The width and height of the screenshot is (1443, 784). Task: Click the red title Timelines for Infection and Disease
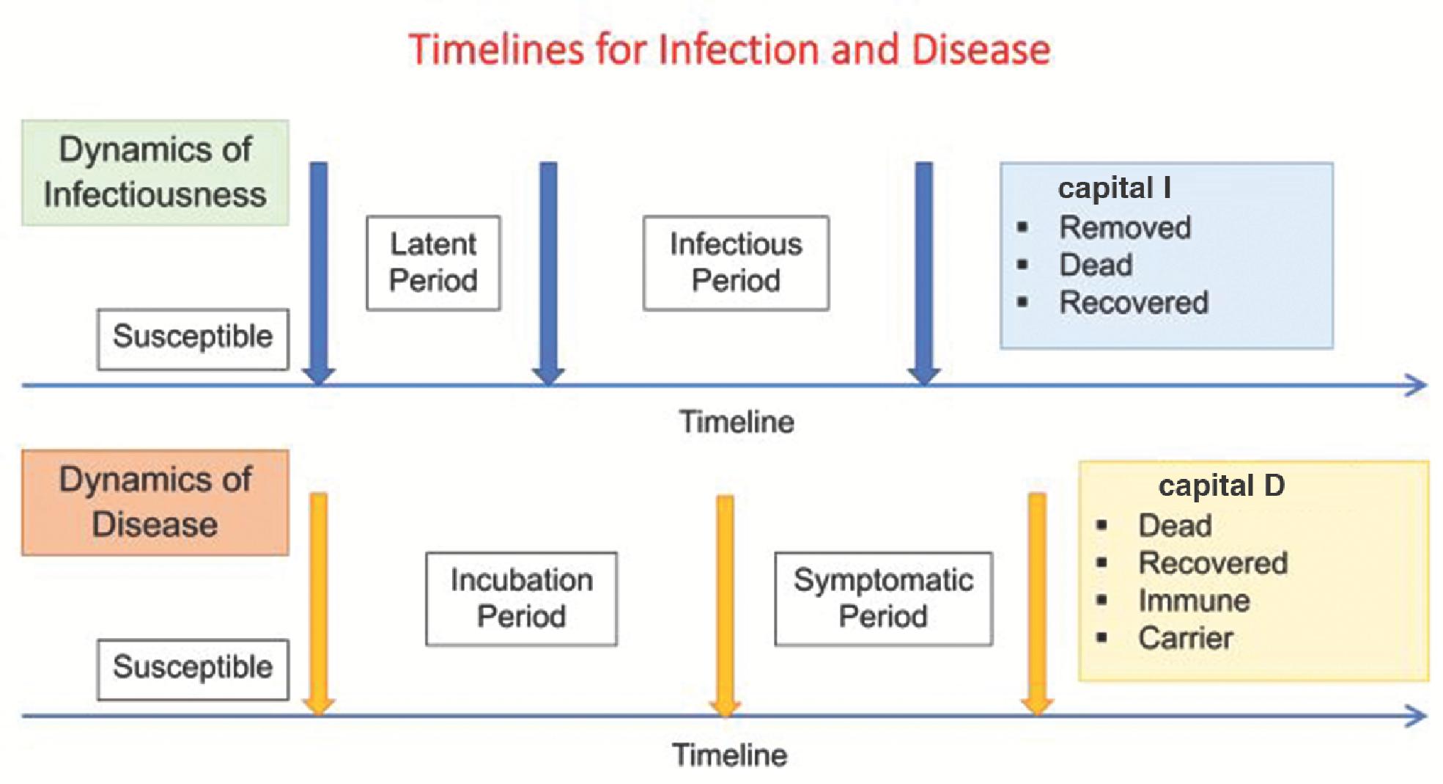click(x=729, y=50)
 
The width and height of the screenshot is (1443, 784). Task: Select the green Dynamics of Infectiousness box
click(x=155, y=172)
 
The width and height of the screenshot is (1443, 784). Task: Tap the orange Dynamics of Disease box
click(x=155, y=502)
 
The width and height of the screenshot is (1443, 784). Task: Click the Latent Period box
click(x=433, y=263)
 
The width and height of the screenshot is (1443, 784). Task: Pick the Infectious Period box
click(x=736, y=263)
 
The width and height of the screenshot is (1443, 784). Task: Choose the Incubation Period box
click(x=521, y=598)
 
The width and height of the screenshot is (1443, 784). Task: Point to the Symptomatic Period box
click(x=883, y=598)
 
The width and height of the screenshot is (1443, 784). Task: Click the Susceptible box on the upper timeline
click(x=193, y=339)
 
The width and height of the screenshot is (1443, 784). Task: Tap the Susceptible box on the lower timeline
click(x=193, y=670)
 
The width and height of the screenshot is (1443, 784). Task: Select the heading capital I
click(x=1114, y=188)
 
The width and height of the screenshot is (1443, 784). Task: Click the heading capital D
click(x=1221, y=486)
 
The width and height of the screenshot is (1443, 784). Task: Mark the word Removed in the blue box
click(x=1125, y=227)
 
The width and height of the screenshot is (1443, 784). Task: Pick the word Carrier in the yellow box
click(x=1185, y=638)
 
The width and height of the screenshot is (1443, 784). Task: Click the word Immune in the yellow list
click(x=1194, y=601)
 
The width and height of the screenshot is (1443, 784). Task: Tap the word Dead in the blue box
click(x=1096, y=265)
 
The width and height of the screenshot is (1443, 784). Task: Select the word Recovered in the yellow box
click(x=1213, y=563)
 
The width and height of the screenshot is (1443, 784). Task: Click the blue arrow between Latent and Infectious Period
click(x=548, y=273)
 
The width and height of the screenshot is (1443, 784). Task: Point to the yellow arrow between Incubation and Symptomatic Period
click(x=725, y=605)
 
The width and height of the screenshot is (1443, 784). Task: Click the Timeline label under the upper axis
click(x=737, y=422)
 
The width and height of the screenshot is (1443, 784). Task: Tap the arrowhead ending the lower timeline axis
click(x=1417, y=715)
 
